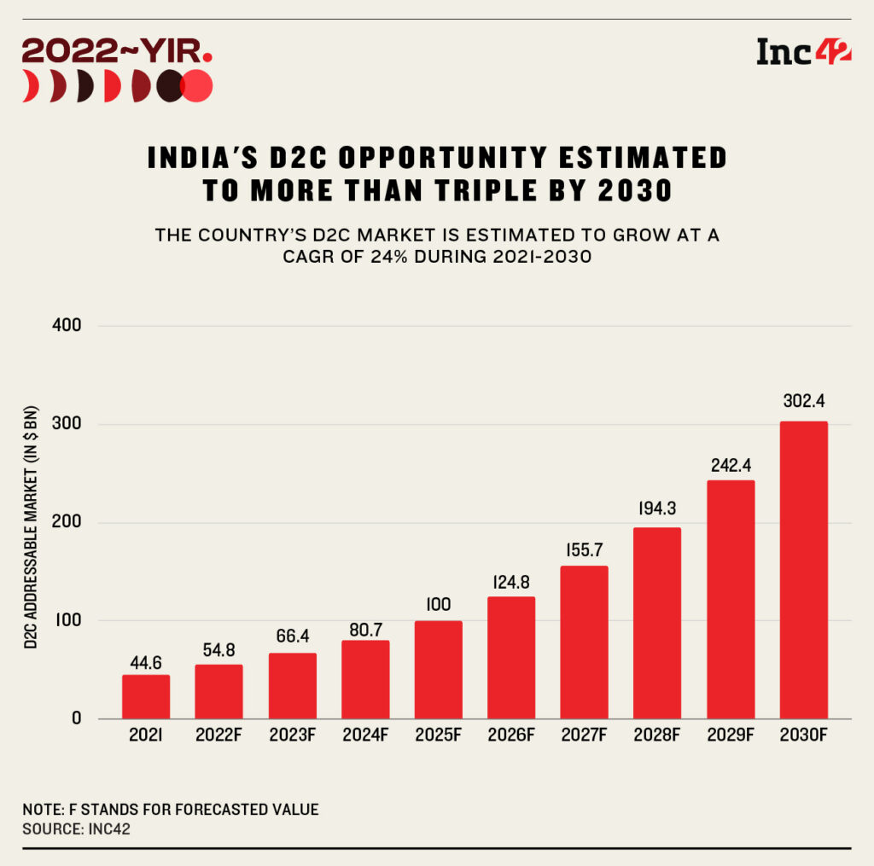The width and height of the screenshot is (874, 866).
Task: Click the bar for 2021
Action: (x=146, y=696)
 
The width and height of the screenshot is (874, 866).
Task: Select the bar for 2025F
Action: (x=438, y=669)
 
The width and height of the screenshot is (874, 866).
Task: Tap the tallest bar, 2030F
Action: (x=803, y=569)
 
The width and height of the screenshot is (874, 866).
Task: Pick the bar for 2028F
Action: (x=657, y=622)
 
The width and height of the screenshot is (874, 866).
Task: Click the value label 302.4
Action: (x=803, y=401)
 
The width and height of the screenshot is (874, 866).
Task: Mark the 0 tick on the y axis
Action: (x=76, y=718)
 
